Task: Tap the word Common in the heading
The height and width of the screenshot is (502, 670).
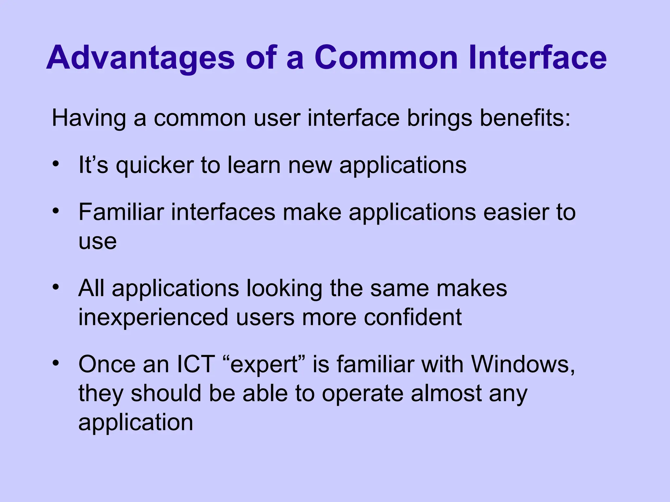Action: coord(386,58)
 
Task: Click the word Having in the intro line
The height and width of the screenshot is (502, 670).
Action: coord(89,118)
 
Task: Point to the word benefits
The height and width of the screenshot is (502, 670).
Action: coord(525,118)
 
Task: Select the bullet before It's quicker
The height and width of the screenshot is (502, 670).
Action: coord(56,163)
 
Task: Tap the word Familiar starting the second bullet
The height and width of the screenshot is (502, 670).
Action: coord(121,212)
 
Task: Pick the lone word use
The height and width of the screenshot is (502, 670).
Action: coord(97,242)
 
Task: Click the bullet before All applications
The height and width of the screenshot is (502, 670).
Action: coord(56,287)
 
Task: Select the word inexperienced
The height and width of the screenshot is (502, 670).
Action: coord(153,317)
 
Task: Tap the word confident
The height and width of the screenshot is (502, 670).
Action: coord(413,317)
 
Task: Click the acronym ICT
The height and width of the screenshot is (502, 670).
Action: coord(196,364)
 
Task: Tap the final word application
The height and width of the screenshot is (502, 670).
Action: coord(136,422)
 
